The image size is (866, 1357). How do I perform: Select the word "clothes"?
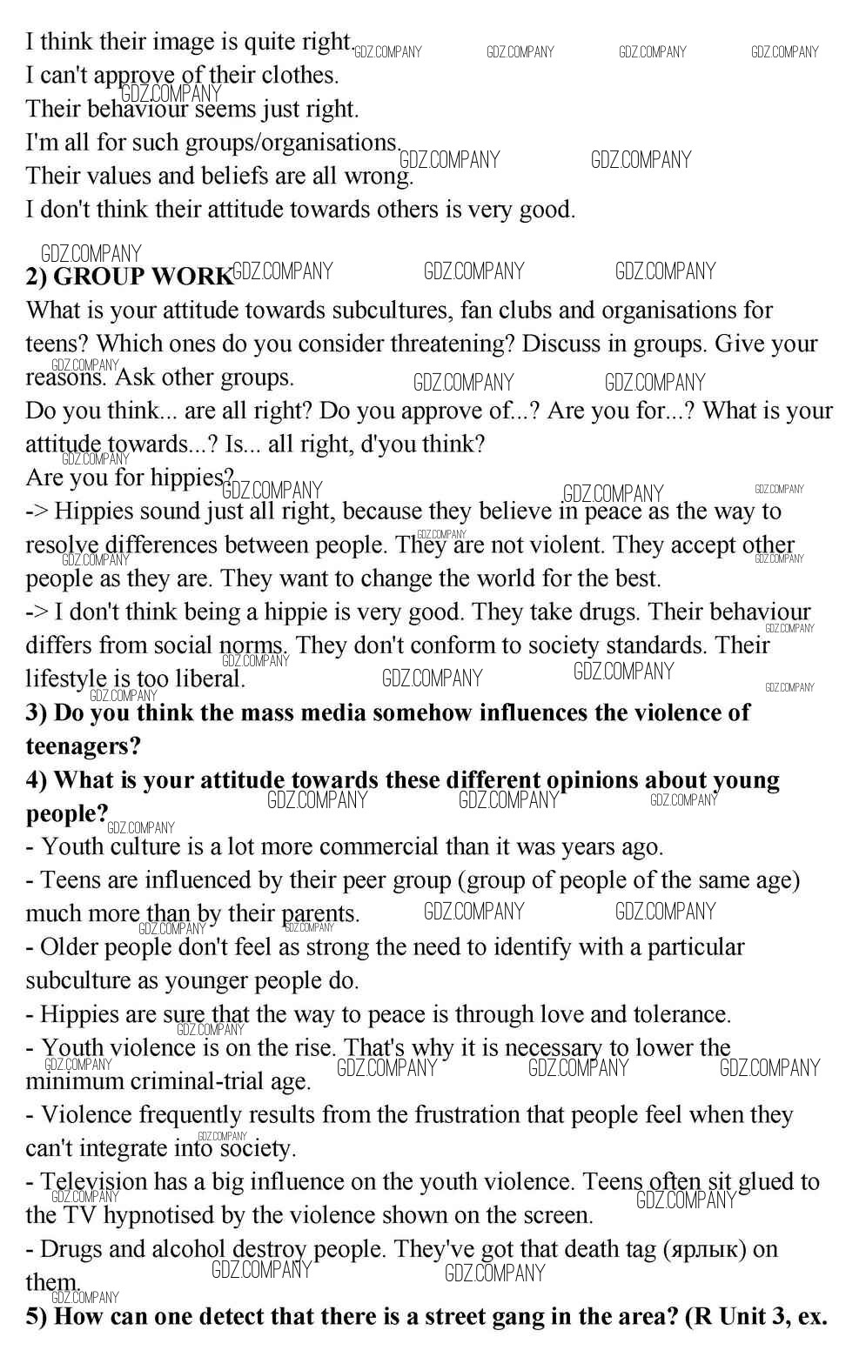[299, 76]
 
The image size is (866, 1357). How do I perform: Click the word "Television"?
[94, 1181]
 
